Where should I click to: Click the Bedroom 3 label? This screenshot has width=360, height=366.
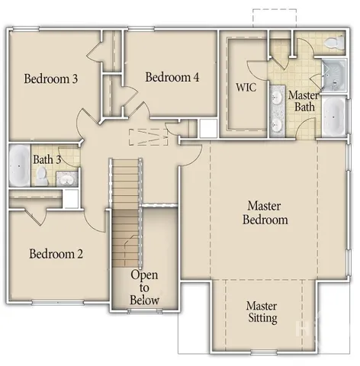51,79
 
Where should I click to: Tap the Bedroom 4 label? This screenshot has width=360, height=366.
172,77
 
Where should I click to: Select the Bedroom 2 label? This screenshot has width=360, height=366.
56,254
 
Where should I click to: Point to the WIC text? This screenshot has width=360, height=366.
246,87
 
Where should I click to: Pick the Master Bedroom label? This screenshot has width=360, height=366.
265,213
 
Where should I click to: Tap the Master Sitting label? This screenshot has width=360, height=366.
261,312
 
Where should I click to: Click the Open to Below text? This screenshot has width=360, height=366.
144,287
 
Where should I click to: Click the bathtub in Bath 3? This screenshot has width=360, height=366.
18,165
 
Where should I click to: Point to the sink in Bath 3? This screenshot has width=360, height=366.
66,178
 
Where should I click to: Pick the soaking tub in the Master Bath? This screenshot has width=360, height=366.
333,116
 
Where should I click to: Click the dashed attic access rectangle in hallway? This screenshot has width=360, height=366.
147,136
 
